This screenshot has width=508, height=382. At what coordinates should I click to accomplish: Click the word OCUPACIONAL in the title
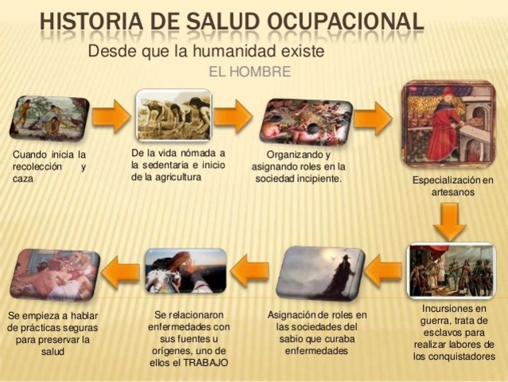click(346, 21)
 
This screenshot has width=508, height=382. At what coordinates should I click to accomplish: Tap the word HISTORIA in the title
click(91, 21)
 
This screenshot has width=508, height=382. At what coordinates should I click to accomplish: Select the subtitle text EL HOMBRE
click(250, 72)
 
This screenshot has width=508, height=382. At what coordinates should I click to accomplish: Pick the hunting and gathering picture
click(49, 118)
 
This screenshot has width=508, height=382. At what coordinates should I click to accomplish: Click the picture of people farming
click(174, 115)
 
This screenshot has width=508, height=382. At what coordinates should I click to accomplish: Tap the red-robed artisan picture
click(448, 124)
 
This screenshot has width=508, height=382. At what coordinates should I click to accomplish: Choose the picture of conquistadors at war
click(451, 270)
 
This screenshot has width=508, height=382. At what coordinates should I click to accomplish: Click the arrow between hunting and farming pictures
click(111, 115)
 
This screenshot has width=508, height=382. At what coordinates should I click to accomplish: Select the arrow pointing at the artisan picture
click(373, 118)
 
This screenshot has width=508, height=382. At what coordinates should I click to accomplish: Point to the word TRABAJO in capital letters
click(206, 363)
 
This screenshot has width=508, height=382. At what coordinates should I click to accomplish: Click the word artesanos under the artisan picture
click(453, 192)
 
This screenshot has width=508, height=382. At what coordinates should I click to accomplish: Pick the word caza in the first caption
click(23, 179)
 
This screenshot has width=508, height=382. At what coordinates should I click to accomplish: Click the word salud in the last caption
click(52, 352)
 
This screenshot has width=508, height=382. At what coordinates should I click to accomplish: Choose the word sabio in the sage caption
click(290, 339)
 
